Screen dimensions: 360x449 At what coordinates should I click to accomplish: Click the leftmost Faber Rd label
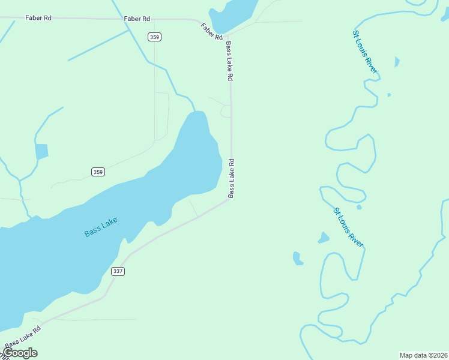point(38,18)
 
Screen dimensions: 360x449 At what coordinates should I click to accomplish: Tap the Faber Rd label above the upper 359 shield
point(137,19)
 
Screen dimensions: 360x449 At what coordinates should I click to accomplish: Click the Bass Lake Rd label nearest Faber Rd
point(229,61)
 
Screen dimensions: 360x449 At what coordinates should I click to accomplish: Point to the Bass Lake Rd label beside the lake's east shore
point(231,178)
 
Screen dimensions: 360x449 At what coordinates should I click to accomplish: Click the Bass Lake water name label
point(101,227)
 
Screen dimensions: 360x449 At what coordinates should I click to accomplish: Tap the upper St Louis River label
point(365,52)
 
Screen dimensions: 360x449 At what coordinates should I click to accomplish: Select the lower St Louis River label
point(349,227)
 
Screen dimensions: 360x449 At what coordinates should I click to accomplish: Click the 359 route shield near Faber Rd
point(155,37)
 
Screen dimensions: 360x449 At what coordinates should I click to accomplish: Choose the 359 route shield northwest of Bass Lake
point(98,172)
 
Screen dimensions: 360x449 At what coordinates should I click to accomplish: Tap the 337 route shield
point(118,271)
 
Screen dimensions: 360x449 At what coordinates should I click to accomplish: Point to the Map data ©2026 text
point(423,355)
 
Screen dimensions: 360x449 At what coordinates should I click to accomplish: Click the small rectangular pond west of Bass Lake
point(41,151)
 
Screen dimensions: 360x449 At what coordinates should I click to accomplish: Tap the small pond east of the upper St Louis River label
point(396,62)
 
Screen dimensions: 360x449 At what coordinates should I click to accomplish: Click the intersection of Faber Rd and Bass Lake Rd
point(228,36)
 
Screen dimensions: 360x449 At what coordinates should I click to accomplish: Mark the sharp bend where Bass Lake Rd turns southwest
point(229,200)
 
